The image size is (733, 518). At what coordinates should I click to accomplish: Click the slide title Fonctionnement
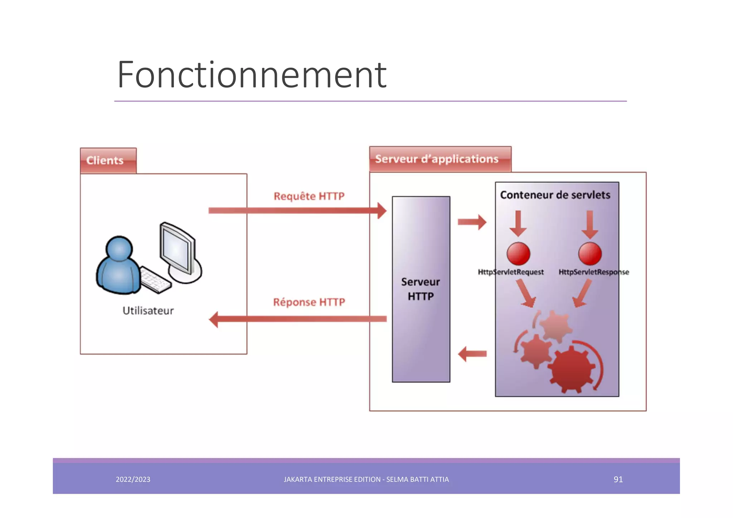tap(251, 75)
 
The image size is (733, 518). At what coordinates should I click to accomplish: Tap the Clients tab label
tap(105, 161)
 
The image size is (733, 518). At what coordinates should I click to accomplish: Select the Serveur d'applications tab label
tap(437, 159)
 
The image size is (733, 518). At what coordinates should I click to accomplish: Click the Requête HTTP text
tap(309, 196)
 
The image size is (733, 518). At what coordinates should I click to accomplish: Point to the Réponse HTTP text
tap(309, 302)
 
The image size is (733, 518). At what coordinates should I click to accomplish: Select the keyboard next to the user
tap(155, 280)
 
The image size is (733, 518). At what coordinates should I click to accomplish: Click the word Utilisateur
tap(148, 311)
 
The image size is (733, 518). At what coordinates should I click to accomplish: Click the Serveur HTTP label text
tap(421, 289)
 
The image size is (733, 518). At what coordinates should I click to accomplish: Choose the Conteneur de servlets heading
tap(555, 195)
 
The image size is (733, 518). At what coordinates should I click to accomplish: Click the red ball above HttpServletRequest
tap(518, 254)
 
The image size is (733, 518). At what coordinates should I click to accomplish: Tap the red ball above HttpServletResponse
tap(590, 254)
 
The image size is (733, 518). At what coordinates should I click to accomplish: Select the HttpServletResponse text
tap(593, 272)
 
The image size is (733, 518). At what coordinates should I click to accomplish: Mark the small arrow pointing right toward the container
tap(472, 222)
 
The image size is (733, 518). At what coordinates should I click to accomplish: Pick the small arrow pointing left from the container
tap(472, 354)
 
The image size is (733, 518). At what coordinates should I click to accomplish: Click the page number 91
tap(618, 479)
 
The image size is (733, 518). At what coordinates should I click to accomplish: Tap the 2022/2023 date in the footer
tap(133, 479)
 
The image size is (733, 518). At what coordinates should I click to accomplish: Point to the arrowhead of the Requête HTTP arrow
tap(382, 211)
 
